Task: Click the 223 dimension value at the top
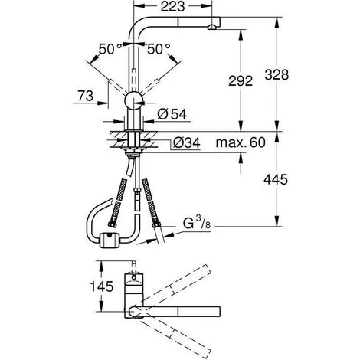coord(172,6)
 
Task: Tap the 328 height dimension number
coord(277,75)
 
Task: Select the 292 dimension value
coord(241,80)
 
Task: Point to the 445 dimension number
coord(276,179)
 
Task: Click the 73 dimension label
coord(86,97)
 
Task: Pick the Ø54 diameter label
coord(172,114)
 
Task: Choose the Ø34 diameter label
coord(187,142)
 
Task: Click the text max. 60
coord(241,142)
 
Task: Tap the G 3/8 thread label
coord(197,223)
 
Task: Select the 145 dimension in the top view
coord(102,286)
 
